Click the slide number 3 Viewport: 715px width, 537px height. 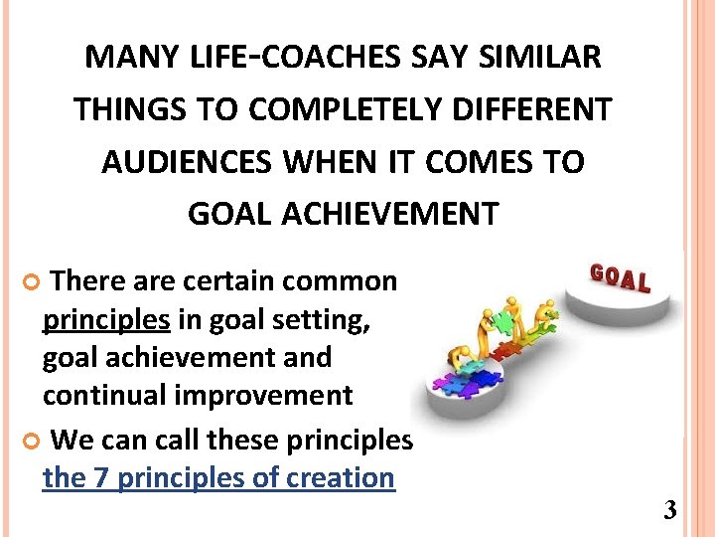[x=669, y=511]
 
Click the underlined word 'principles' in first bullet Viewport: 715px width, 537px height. [x=104, y=320]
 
